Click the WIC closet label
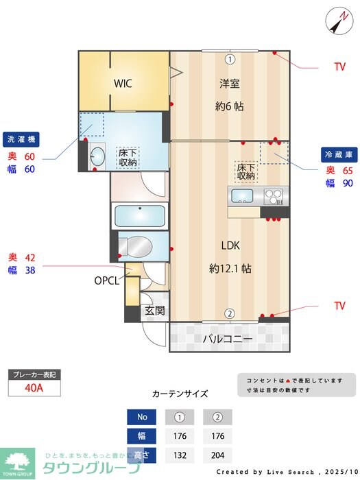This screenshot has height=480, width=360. [x=123, y=84]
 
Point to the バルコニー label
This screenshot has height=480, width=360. [x=228, y=339]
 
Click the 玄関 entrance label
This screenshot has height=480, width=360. [x=155, y=311]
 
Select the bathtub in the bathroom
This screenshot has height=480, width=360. [x=141, y=215]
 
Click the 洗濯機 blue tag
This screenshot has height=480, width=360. [x=21, y=139]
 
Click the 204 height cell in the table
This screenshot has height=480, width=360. [x=217, y=455]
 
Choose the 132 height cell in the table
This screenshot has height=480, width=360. [x=179, y=455]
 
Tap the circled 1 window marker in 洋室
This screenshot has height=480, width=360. [x=230, y=59]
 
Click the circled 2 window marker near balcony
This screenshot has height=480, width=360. [x=230, y=314]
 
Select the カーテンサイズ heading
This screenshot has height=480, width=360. [x=180, y=394]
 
